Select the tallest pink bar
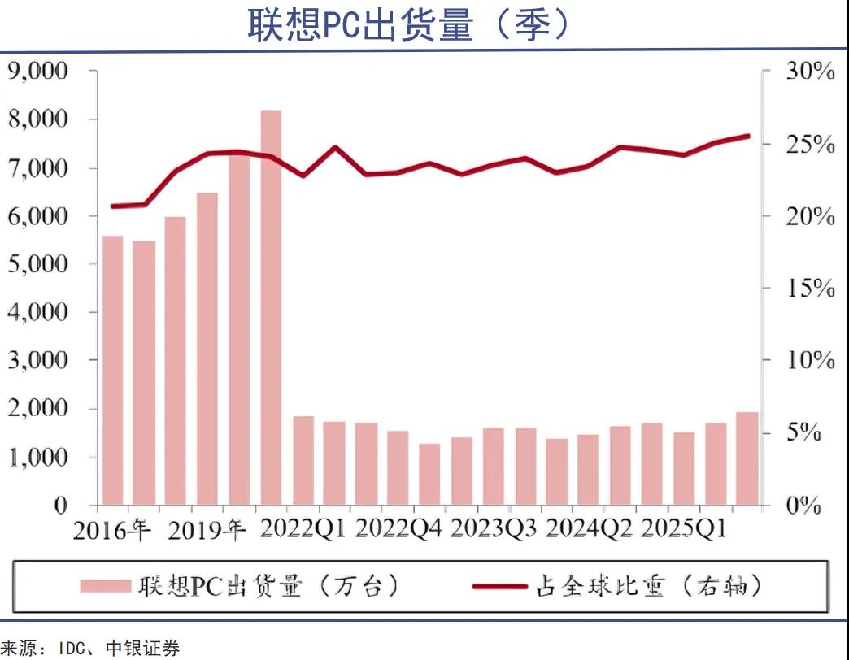tap(271, 307)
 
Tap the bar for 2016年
tap(113, 370)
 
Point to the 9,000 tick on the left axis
tap(37, 72)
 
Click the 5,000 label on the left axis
tap(37, 264)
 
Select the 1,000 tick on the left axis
tap(37, 457)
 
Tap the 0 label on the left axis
tap(60, 505)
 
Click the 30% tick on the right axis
tap(811, 72)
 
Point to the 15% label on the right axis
tap(811, 289)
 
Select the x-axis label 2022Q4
tap(398, 530)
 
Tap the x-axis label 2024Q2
tap(589, 530)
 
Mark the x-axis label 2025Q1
tap(684, 530)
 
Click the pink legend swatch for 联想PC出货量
tap(105, 585)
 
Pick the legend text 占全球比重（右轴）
tap(648, 585)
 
